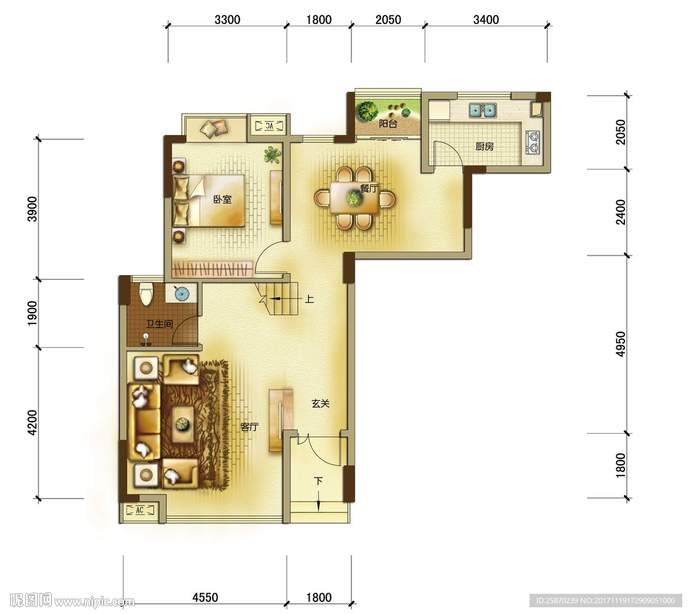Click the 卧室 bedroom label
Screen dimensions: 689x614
[222, 199]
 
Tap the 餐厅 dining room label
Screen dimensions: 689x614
[369, 189]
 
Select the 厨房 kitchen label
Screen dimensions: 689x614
[484, 146]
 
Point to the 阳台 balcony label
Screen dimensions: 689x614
[388, 124]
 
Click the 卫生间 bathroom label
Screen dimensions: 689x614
[159, 324]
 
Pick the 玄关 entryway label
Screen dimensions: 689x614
[321, 404]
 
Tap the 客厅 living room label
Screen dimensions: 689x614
[250, 426]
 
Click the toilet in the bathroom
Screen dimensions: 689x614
[145, 293]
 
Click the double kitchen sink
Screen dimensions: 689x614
[483, 110]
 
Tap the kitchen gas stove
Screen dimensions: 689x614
[533, 142]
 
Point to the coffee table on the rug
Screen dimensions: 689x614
[183, 424]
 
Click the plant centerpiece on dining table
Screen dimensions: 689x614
[354, 198]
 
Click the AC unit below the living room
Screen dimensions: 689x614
[140, 510]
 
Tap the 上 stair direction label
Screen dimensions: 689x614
[310, 299]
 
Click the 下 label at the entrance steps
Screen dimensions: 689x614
[318, 481]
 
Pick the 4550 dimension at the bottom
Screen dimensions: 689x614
[205, 597]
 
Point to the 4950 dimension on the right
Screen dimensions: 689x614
[620, 344]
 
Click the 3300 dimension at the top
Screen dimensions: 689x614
[227, 20]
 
